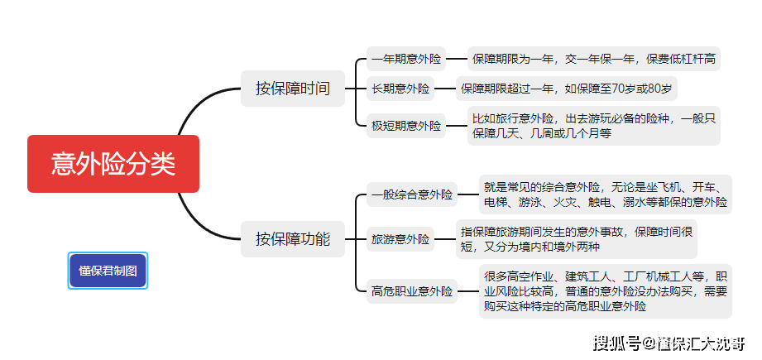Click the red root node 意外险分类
point(113,164)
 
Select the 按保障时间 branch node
point(292,89)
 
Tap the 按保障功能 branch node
point(292,239)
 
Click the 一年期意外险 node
point(406,60)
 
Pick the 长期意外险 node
point(400,89)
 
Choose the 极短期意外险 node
point(406,126)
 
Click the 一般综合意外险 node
point(412,195)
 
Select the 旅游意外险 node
point(400,240)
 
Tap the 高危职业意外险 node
point(412,290)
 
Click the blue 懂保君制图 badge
point(108,270)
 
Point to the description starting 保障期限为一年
point(594,60)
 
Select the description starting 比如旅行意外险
point(593,126)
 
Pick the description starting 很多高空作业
point(606,290)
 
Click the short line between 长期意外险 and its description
point(448,89)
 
